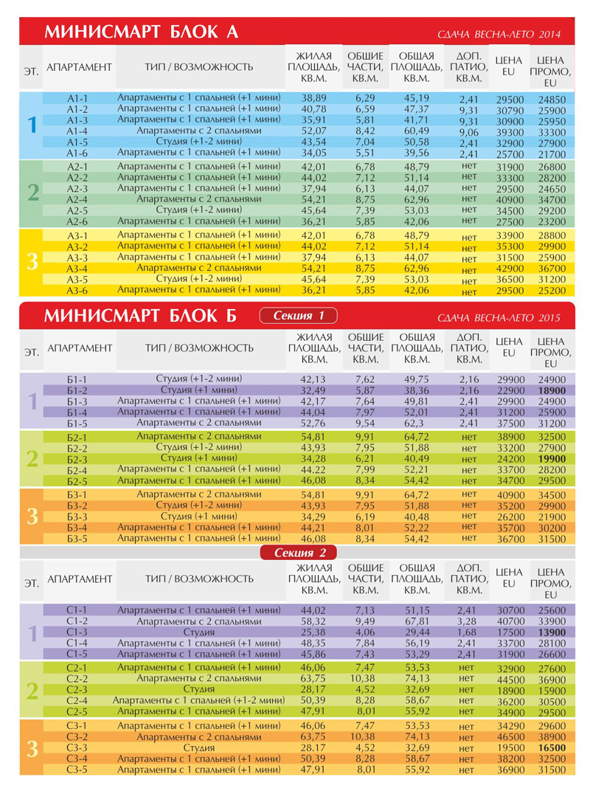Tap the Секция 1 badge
299,317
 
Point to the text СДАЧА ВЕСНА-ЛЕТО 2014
499,35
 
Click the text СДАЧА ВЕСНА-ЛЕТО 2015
499,319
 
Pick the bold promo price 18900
552,390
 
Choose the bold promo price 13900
552,633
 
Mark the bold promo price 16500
552,748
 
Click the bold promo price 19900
552,459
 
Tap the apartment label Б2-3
77,459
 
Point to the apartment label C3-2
77,736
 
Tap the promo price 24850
552,100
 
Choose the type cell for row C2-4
198,700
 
